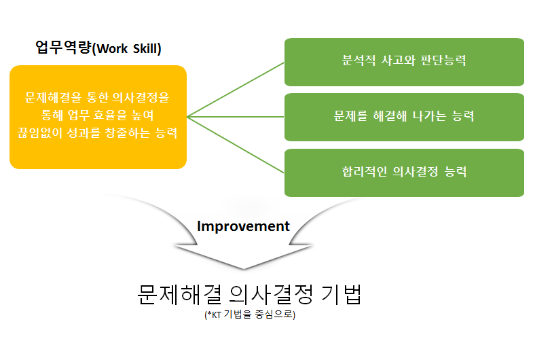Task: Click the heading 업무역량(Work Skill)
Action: [98, 48]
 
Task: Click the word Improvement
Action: [243, 226]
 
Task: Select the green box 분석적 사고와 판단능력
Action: [404, 61]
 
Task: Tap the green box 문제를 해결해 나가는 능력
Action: [404, 116]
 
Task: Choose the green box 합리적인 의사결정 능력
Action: [404, 172]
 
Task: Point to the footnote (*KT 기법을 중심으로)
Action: [250, 315]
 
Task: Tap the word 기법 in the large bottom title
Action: [340, 295]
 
